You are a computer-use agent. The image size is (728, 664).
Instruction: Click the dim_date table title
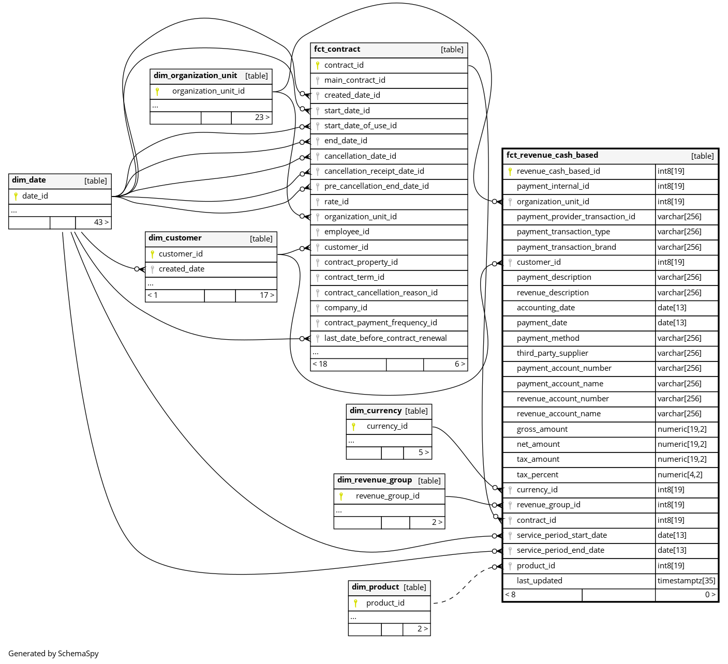(x=29, y=180)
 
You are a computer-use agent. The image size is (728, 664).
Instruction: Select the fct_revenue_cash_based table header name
(x=552, y=155)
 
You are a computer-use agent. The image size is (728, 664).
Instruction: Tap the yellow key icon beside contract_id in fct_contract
(x=318, y=65)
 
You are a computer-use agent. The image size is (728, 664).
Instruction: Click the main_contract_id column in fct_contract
(x=354, y=80)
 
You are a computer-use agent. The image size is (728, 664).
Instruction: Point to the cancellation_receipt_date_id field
(x=374, y=171)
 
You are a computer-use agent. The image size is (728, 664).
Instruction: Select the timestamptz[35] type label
(x=686, y=581)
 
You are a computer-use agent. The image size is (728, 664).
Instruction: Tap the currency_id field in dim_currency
(x=387, y=426)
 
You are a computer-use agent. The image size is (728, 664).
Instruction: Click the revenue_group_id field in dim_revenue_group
(x=388, y=496)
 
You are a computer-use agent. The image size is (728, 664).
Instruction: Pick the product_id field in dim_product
(x=385, y=603)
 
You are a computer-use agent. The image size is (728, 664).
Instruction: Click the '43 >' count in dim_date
(x=101, y=222)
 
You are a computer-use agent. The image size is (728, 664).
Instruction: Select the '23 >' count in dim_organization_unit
(x=262, y=117)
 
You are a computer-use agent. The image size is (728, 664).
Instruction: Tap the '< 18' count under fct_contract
(x=320, y=364)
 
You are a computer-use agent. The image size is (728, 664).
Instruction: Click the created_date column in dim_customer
(x=182, y=269)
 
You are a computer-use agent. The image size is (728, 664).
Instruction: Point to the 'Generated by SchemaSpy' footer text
(x=53, y=654)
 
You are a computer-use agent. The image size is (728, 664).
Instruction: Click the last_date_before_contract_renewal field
(x=385, y=338)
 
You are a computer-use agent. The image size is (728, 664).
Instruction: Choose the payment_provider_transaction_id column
(x=576, y=217)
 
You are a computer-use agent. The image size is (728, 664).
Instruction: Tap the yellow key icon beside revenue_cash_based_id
(x=510, y=171)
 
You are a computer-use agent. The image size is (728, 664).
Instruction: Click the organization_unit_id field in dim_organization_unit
(x=209, y=91)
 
